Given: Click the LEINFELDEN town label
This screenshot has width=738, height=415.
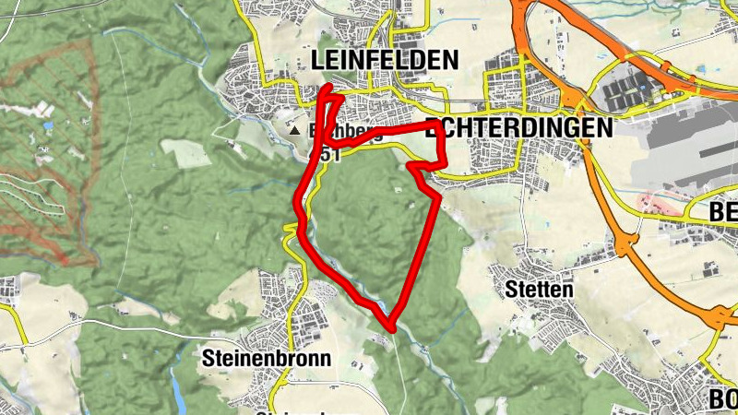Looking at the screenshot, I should (385, 61).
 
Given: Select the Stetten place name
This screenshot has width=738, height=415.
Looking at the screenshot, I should (539, 290).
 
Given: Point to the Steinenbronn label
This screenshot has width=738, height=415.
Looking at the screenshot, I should (266, 357).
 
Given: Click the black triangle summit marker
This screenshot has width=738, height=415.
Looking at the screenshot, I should (295, 132).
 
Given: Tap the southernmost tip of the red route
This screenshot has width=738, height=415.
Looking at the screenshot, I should (391, 327).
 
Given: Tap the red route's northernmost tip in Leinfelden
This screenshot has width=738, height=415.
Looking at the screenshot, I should (332, 87).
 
